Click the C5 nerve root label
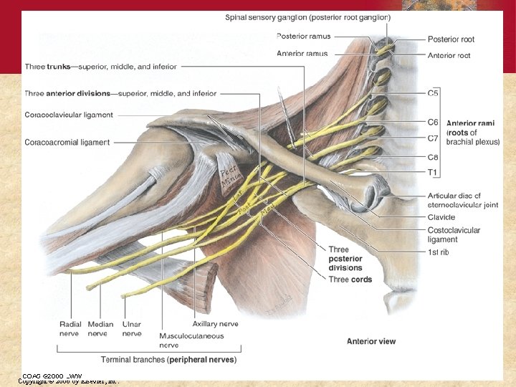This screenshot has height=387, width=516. (x=434, y=93)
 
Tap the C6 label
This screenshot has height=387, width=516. (x=434, y=123)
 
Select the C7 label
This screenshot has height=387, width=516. (x=434, y=138)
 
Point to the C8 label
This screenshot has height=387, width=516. (x=434, y=157)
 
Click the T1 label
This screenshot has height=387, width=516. (x=433, y=172)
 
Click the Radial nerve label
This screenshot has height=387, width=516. (x=70, y=329)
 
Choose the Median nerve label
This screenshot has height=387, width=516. (x=101, y=329)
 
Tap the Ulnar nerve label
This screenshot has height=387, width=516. (x=132, y=329)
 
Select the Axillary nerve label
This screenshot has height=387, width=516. (x=215, y=324)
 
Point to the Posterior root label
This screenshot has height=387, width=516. (x=451, y=39)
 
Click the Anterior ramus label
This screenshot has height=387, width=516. (x=302, y=54)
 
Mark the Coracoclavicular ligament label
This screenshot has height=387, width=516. (x=68, y=115)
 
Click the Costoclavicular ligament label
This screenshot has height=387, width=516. (x=454, y=235)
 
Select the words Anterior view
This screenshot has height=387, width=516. (x=371, y=341)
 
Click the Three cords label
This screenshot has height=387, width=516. (x=350, y=279)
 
